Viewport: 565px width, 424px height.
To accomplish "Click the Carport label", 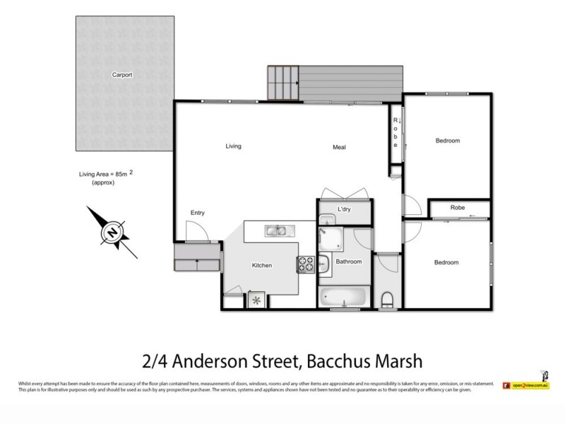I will (x=121, y=74).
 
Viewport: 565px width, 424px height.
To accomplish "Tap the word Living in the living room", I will (x=233, y=146).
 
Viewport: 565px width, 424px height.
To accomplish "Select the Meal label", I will (x=339, y=147).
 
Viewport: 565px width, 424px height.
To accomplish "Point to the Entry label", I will (x=198, y=213).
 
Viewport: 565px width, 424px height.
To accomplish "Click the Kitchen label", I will (x=262, y=265).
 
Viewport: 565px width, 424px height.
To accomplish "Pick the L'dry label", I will (x=344, y=210).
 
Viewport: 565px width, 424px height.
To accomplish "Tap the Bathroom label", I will (x=348, y=261).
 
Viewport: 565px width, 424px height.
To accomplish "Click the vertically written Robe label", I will (x=396, y=133).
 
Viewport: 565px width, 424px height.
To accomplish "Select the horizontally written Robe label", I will (x=457, y=208).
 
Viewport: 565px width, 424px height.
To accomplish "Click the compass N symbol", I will (x=112, y=231).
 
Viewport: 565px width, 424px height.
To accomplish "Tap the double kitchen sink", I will (x=276, y=230).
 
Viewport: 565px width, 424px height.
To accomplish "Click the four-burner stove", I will (x=306, y=264).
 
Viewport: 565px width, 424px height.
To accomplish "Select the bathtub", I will (x=343, y=295).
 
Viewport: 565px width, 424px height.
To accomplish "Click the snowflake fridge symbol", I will (x=256, y=300).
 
